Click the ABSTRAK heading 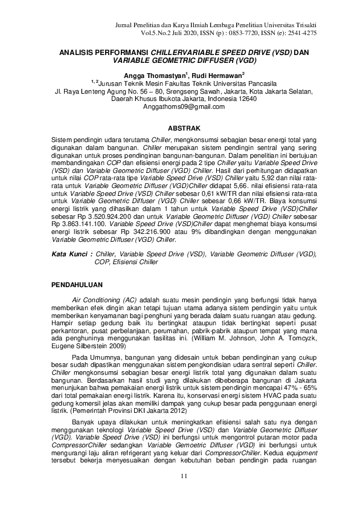point(180,128)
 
